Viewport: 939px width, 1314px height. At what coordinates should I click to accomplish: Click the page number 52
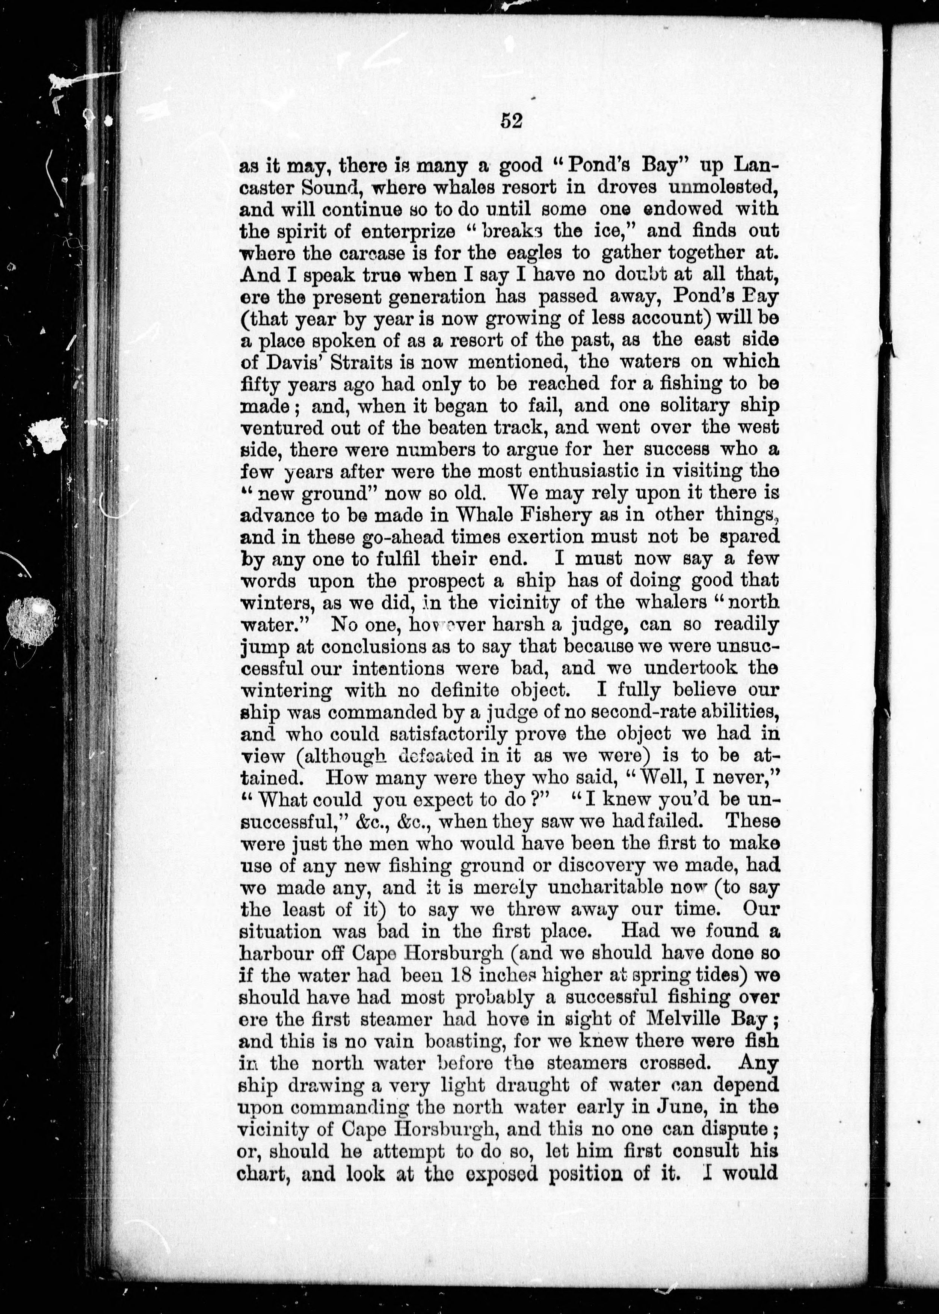pyautogui.click(x=511, y=121)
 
